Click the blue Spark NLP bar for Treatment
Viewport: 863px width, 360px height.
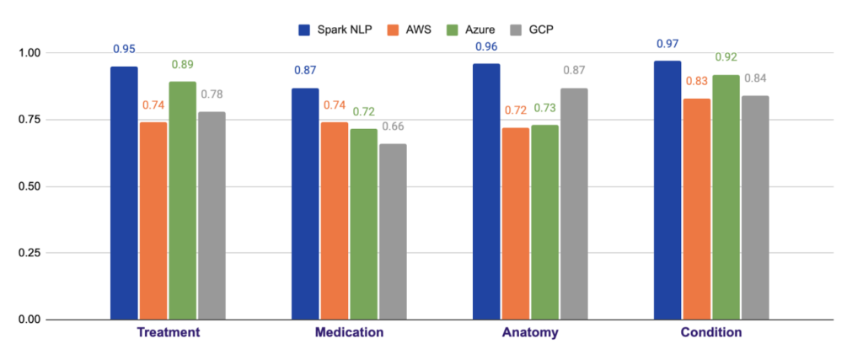click(124, 193)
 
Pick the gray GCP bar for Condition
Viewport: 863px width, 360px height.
click(754, 207)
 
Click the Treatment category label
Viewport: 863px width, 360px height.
click(169, 332)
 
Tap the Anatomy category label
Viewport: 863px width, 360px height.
click(529, 332)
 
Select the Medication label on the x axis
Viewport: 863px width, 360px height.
click(349, 332)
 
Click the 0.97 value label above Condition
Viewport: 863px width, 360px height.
click(667, 42)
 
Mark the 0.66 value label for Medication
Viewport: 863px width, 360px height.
click(394, 126)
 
